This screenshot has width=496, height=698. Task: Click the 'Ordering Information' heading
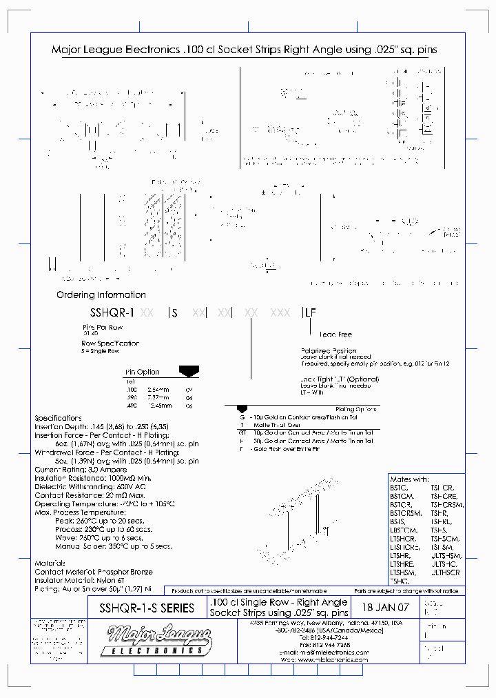[101, 295]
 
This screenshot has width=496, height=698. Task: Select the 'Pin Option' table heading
[142, 372]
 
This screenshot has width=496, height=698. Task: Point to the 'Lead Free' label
[335, 335]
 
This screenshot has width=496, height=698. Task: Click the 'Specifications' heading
[58, 418]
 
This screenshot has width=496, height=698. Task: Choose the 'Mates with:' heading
[409, 479]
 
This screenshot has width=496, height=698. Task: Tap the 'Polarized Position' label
[329, 350]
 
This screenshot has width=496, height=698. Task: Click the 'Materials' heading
[50, 563]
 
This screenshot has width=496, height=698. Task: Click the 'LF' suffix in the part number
[310, 312]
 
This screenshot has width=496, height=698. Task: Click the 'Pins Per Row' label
[102, 327]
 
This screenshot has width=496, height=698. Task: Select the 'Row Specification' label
[110, 343]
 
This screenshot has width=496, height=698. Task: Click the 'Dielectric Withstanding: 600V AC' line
[90, 486]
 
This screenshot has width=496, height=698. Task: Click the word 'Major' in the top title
[68, 50]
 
